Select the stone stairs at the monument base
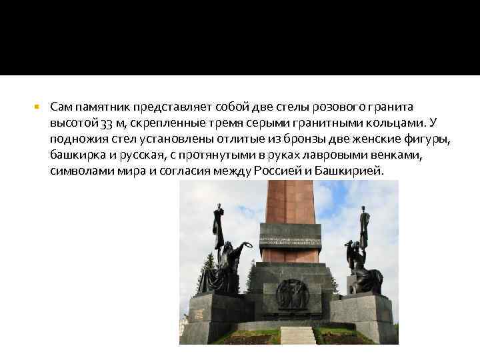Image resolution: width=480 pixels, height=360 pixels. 297,335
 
